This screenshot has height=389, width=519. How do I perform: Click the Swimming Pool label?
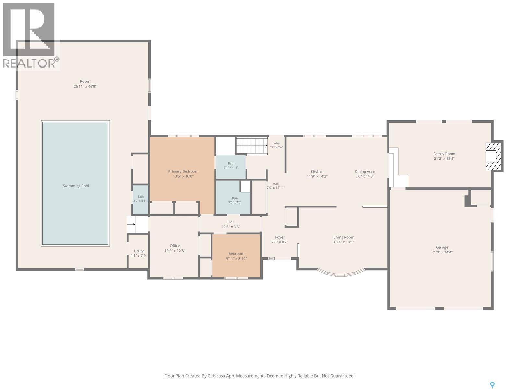(x=76, y=186)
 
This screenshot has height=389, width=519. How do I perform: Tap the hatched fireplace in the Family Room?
(x=493, y=156)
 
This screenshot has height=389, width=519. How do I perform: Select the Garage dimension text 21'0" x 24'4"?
(x=442, y=252)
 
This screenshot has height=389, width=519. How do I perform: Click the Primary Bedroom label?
(x=183, y=171)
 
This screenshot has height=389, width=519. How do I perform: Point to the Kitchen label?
(x=317, y=171)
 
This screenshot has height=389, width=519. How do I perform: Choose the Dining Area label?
(x=365, y=171)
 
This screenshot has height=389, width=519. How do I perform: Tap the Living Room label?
(x=344, y=237)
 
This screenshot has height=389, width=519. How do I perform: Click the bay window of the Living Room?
(x=341, y=273)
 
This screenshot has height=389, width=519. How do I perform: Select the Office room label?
(x=175, y=246)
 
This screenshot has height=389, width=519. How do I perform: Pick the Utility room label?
(x=139, y=251)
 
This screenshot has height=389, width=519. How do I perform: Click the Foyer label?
(x=280, y=237)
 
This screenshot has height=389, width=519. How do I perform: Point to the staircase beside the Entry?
(x=252, y=146)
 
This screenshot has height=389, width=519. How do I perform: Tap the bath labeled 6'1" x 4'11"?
(x=231, y=167)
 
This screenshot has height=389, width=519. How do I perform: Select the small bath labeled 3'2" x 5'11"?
(x=140, y=200)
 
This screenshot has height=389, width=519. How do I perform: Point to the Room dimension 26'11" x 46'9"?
(x=85, y=86)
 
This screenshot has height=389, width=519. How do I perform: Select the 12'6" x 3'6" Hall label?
(x=231, y=227)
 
